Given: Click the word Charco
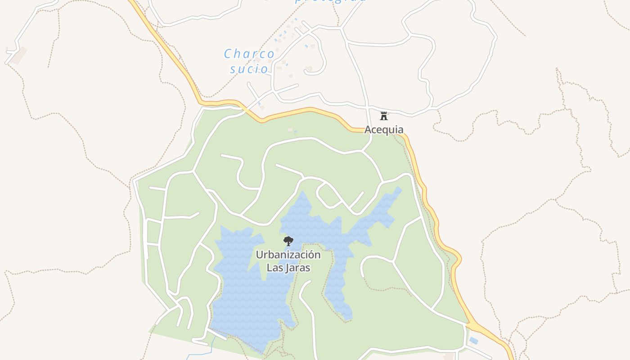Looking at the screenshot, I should point(249,54).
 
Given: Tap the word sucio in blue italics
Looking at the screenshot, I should point(249,69).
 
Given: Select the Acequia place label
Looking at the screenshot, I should point(384,130).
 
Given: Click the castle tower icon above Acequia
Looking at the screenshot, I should point(384,116).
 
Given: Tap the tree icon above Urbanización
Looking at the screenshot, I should point(288,241).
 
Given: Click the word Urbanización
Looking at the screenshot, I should point(288,255).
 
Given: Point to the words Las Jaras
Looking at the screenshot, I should point(288,267).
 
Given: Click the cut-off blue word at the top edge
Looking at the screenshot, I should point(331,1).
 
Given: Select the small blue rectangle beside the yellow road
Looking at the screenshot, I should point(473,341).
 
